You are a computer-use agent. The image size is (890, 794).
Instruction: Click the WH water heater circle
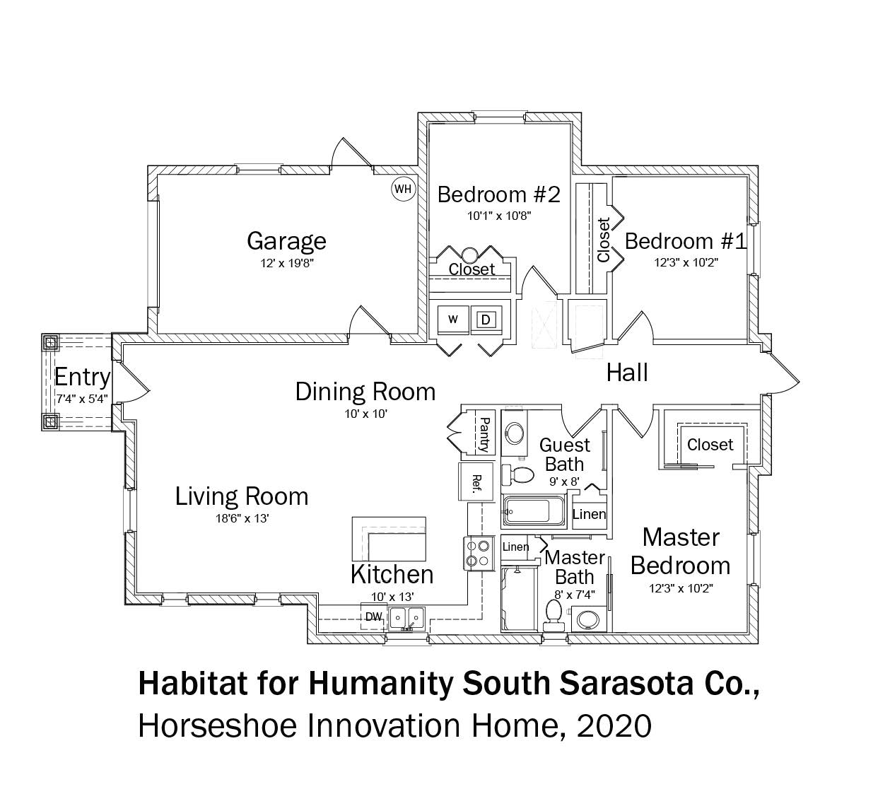(x=402, y=189)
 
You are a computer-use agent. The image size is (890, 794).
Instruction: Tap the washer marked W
(x=453, y=320)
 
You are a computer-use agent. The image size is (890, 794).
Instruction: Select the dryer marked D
(x=485, y=320)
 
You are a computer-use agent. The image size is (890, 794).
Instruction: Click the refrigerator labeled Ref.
(x=476, y=482)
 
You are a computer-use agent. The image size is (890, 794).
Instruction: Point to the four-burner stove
(x=478, y=553)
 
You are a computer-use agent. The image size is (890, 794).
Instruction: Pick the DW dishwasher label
(x=374, y=617)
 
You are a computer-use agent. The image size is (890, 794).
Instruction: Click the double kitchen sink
(x=406, y=618)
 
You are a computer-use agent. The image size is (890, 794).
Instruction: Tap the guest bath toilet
(x=518, y=474)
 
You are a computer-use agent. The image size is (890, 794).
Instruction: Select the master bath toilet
(x=554, y=614)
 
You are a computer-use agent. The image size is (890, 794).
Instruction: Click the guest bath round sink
(x=514, y=433)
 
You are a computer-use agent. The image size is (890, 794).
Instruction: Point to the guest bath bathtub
(x=533, y=510)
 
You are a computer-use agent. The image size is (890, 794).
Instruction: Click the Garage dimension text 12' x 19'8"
(x=287, y=263)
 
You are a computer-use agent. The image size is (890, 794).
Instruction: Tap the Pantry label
(x=484, y=435)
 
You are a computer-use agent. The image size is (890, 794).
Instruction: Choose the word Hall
(x=627, y=373)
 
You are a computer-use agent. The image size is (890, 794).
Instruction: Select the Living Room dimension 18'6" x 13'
(x=242, y=518)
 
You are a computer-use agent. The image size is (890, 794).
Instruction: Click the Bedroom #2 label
(x=499, y=194)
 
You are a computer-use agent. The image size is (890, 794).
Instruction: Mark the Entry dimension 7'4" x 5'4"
(x=82, y=399)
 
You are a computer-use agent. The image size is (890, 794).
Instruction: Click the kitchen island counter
(x=389, y=539)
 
